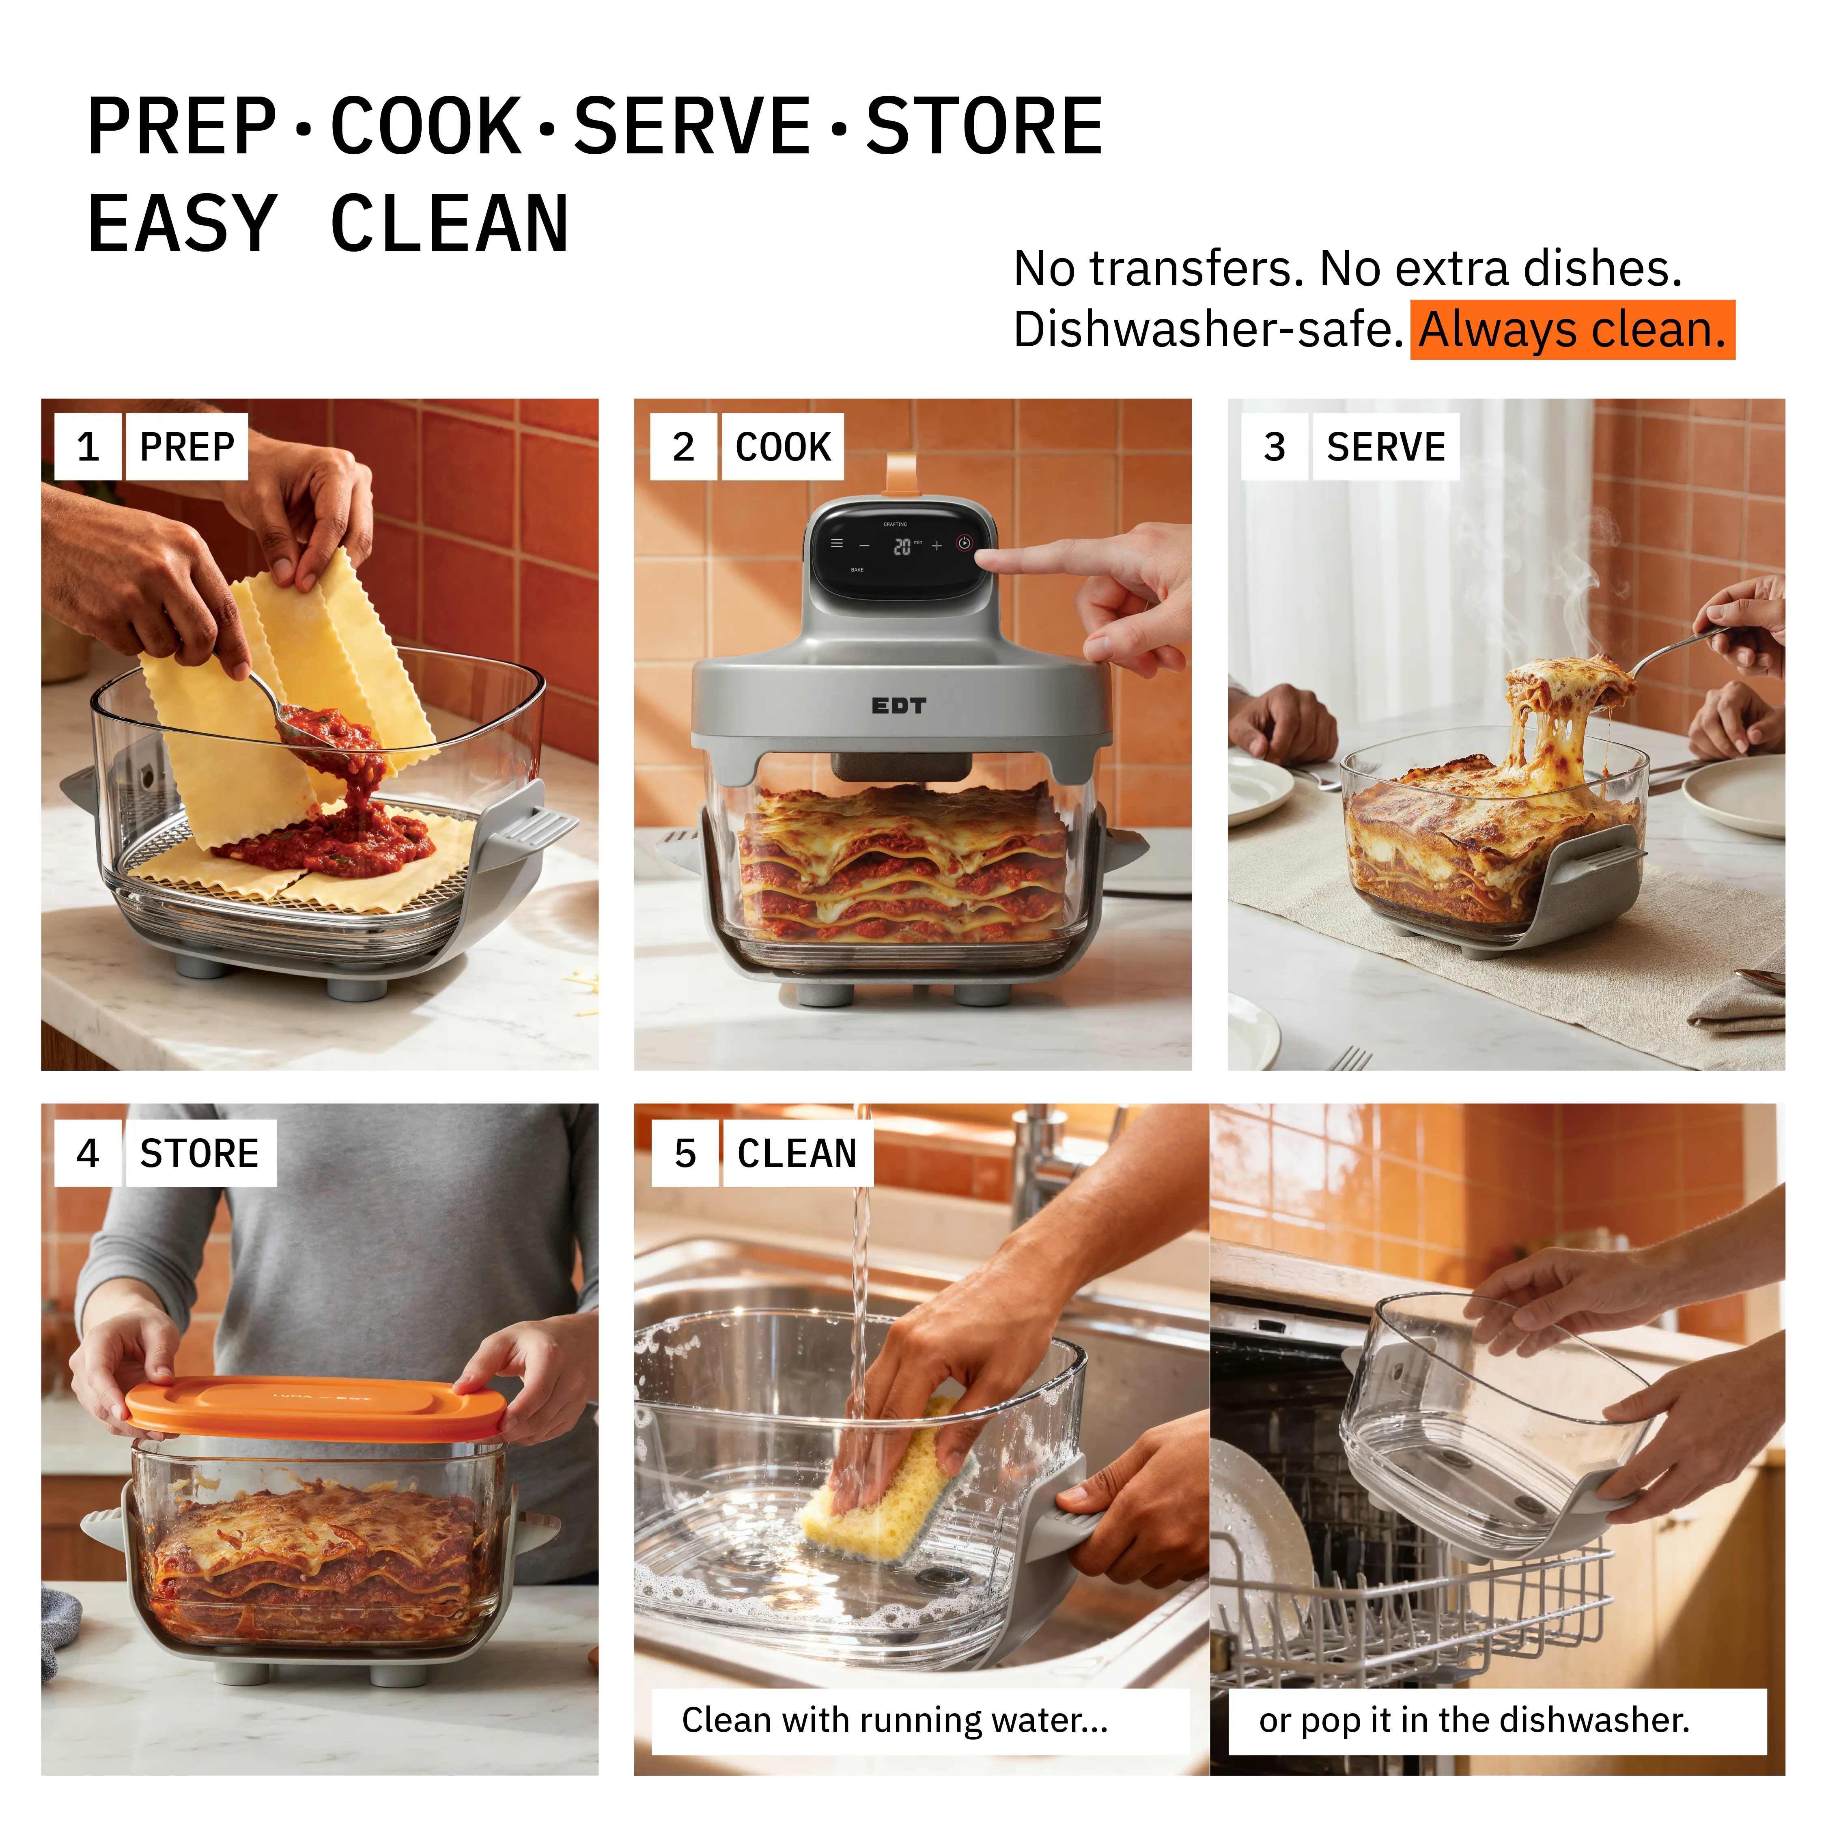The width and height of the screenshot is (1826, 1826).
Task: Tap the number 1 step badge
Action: pyautogui.click(x=88, y=446)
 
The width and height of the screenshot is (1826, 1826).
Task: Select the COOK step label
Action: pyautogui.click(x=783, y=446)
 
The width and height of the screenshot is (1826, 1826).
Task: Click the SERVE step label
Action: pyautogui.click(x=1386, y=446)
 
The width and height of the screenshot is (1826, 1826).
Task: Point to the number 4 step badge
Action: pyautogui.click(x=88, y=1153)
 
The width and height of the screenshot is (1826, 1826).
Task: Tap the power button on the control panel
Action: pyautogui.click(x=964, y=543)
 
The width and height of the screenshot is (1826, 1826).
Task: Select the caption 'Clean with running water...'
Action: pyautogui.click(x=894, y=1719)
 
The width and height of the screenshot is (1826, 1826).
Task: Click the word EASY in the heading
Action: pyautogui.click(x=183, y=224)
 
